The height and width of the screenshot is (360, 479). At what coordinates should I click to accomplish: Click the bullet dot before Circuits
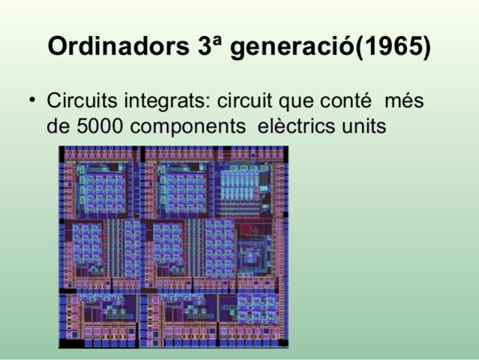(32, 100)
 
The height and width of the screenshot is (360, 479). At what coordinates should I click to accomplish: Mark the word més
(403, 100)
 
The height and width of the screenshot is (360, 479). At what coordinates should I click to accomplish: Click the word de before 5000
(57, 127)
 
